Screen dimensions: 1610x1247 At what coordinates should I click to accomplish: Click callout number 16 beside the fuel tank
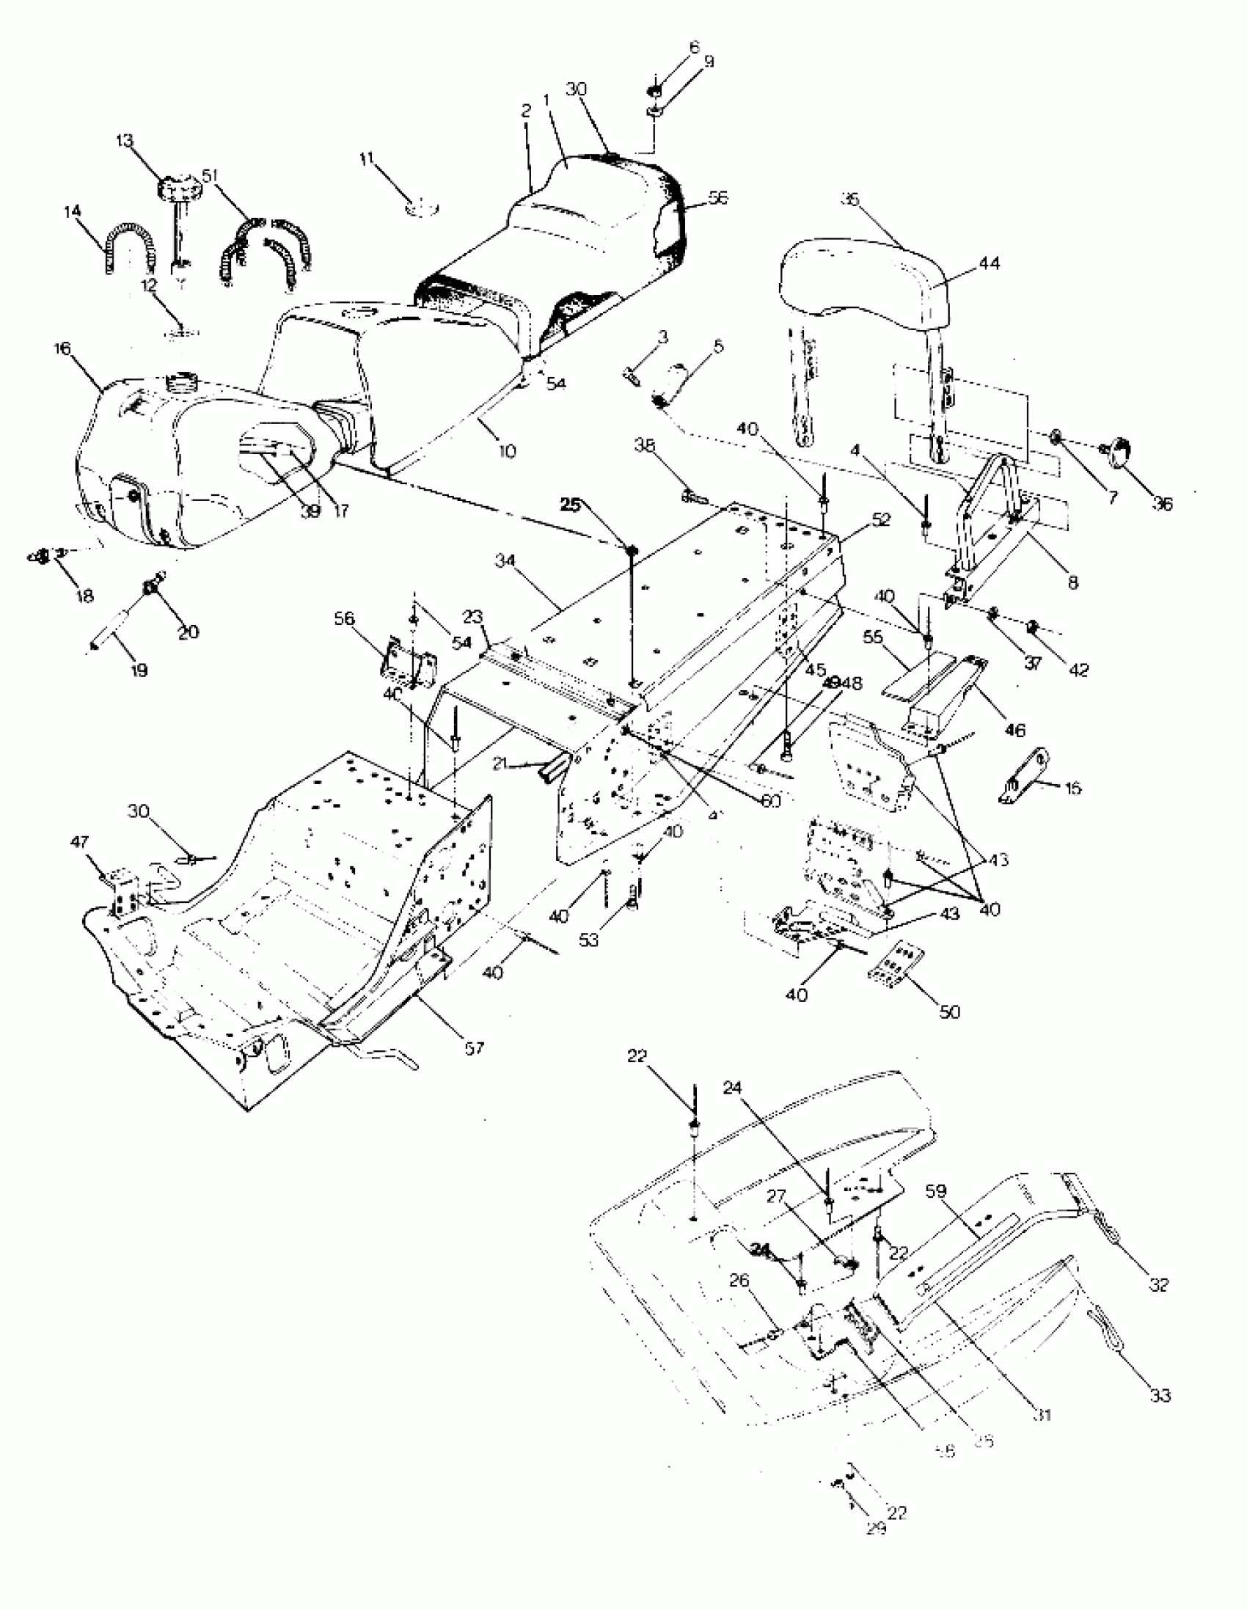pyautogui.click(x=62, y=348)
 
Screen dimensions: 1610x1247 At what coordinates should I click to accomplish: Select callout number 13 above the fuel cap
pyautogui.click(x=125, y=140)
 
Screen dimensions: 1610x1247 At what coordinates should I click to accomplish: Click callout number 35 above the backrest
pyautogui.click(x=850, y=200)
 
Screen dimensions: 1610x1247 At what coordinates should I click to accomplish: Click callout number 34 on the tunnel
pyautogui.click(x=505, y=561)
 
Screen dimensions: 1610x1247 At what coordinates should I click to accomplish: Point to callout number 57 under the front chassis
pyautogui.click(x=473, y=1047)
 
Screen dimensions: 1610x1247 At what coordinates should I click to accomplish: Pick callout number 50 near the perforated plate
pyautogui.click(x=950, y=1012)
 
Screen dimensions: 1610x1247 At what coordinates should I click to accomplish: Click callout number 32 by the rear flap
pyautogui.click(x=1159, y=1284)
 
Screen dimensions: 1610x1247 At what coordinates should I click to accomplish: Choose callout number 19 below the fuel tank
pyautogui.click(x=139, y=670)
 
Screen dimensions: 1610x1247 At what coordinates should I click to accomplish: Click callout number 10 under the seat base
pyautogui.click(x=508, y=450)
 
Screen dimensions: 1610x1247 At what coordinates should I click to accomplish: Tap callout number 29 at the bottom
pyautogui.click(x=876, y=1529)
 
